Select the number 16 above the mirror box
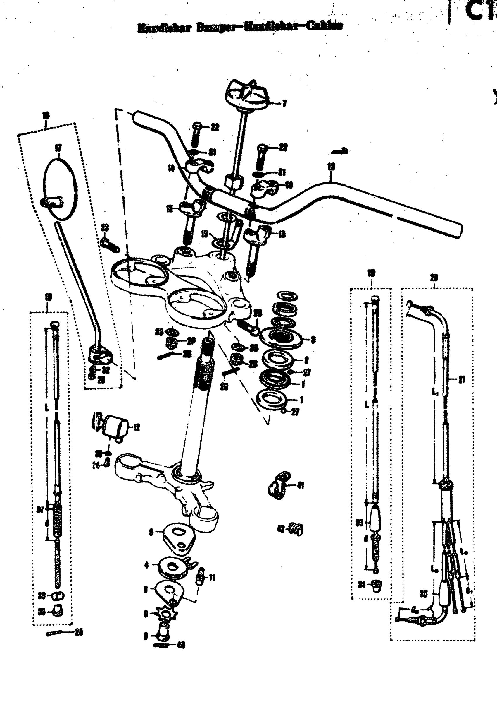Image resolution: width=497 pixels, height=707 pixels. (46, 115)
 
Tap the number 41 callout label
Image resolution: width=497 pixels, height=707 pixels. (301, 486)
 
